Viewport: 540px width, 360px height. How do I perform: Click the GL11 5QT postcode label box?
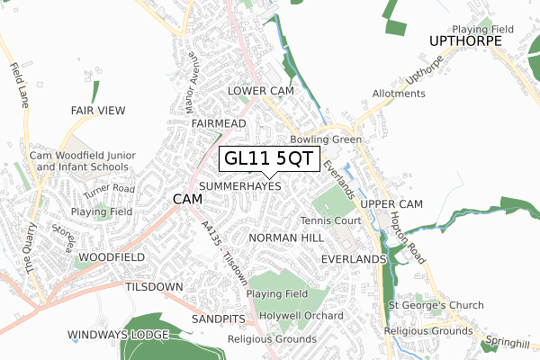268,158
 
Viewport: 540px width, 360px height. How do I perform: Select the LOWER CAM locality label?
260,92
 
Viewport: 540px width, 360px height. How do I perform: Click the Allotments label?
399,94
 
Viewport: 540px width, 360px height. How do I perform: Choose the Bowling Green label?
326,139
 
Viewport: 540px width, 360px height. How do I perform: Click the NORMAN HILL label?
285,238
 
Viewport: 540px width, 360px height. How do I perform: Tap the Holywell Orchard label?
301,316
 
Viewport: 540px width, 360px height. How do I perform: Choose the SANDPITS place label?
217,319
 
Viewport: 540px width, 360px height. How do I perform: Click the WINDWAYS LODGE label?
118,335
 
